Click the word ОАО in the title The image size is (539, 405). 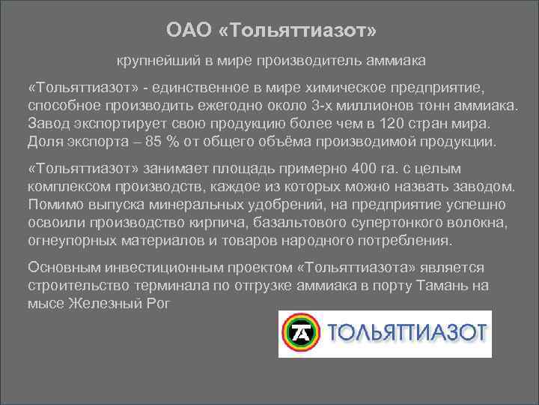point(184,31)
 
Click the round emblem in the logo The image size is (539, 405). point(301,333)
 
